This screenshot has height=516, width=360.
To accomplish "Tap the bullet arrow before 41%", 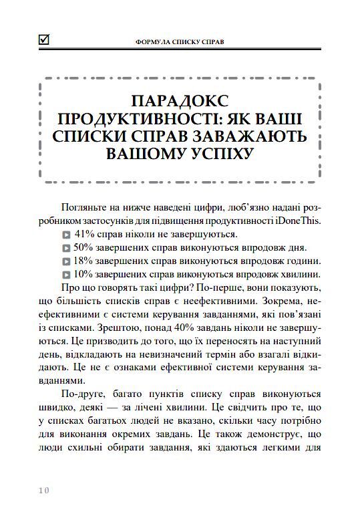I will pyautogui.click(x=66, y=235).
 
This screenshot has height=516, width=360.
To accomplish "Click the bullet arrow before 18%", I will pyautogui.click(x=66, y=262).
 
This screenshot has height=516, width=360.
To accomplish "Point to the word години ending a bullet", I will pyautogui.click(x=302, y=261).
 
